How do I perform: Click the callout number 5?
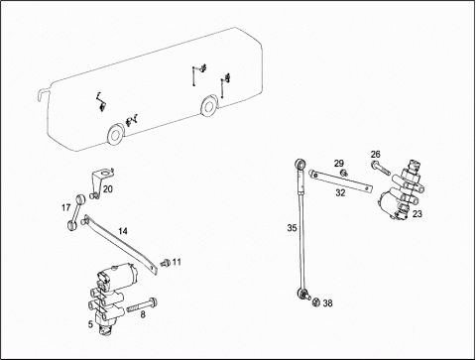tap(90, 324)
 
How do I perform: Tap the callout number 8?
tap(143, 314)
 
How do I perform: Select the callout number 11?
tap(177, 262)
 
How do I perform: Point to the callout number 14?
tap(123, 231)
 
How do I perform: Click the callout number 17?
tap(66, 207)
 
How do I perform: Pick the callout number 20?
tap(108, 189)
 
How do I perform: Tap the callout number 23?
tap(417, 214)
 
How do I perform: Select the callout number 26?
tap(376, 154)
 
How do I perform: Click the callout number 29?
tap(339, 164)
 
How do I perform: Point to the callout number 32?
tap(340, 192)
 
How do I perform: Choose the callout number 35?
tap(293, 228)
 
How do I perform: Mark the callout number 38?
tap(327, 302)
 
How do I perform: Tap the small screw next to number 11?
tap(165, 263)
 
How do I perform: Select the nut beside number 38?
tap(316, 302)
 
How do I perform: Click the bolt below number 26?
tap(381, 168)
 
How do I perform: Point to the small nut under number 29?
tap(344, 173)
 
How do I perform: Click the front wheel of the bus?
tap(116, 134)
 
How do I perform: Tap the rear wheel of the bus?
tap(209, 105)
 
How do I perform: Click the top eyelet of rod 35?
tap(300, 164)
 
